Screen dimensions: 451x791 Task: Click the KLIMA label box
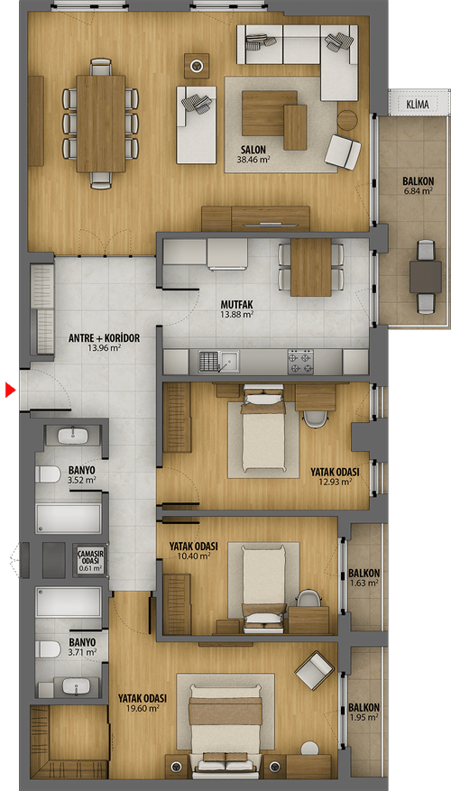tap(417, 104)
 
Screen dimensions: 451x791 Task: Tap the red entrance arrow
tap(11, 390)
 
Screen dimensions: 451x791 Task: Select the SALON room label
tap(253, 150)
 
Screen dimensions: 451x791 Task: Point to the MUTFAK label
tap(236, 305)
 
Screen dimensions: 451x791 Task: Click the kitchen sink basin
tap(229, 361)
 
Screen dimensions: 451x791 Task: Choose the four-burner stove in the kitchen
tap(300, 361)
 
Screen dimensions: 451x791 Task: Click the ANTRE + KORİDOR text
tap(104, 338)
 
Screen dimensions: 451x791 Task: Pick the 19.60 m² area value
tap(143, 708)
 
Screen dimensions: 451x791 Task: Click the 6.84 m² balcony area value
tap(419, 190)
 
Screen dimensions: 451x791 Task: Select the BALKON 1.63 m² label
tap(364, 578)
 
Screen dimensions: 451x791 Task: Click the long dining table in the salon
tap(101, 124)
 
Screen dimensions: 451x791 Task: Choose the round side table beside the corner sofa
tap(347, 120)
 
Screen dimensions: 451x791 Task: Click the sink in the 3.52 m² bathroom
tap(74, 436)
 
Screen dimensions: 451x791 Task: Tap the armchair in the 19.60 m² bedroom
tap(314, 670)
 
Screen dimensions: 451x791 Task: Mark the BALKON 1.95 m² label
tap(364, 713)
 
